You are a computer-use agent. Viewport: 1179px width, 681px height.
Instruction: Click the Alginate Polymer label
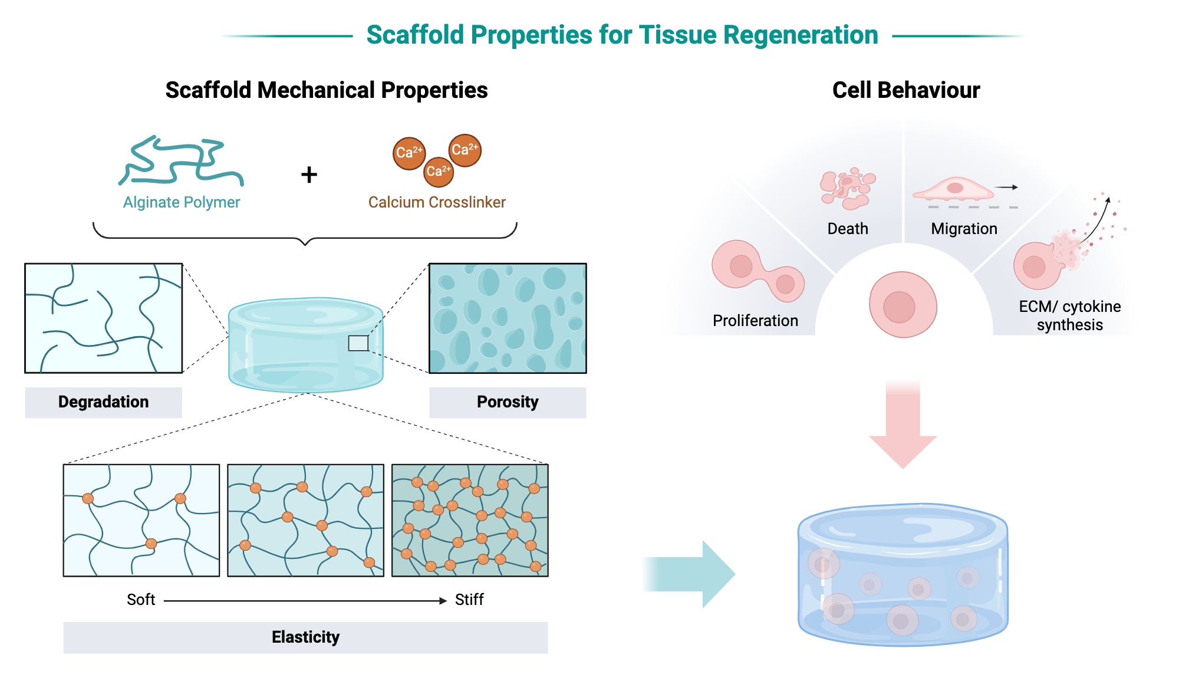point(181,202)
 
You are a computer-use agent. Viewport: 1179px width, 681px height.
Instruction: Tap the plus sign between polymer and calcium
point(309,175)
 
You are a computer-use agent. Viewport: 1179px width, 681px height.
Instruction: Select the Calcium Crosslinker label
point(437,202)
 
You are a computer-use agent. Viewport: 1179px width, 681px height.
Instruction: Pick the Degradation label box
point(103,402)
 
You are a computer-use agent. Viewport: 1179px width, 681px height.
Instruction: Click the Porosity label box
point(508,402)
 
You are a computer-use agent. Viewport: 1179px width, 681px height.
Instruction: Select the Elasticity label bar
point(305,637)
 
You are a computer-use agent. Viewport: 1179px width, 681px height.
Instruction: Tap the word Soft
point(141,600)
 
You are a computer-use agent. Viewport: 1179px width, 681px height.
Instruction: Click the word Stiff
point(469,600)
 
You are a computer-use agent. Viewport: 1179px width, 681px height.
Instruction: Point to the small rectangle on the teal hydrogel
point(358,343)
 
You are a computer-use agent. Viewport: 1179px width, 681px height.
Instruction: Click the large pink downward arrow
point(903,425)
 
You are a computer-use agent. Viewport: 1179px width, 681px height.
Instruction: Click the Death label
point(848,229)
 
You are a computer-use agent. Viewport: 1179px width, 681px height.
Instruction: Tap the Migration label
point(964,229)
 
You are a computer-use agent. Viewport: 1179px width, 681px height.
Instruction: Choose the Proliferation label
point(755,321)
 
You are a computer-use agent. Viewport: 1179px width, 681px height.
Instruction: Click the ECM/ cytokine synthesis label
point(1069,315)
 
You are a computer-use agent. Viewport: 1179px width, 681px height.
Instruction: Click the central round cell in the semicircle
point(903,305)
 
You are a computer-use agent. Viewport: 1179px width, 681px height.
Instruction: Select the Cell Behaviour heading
point(905,90)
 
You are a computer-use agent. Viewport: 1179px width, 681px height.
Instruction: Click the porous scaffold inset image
point(508,318)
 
